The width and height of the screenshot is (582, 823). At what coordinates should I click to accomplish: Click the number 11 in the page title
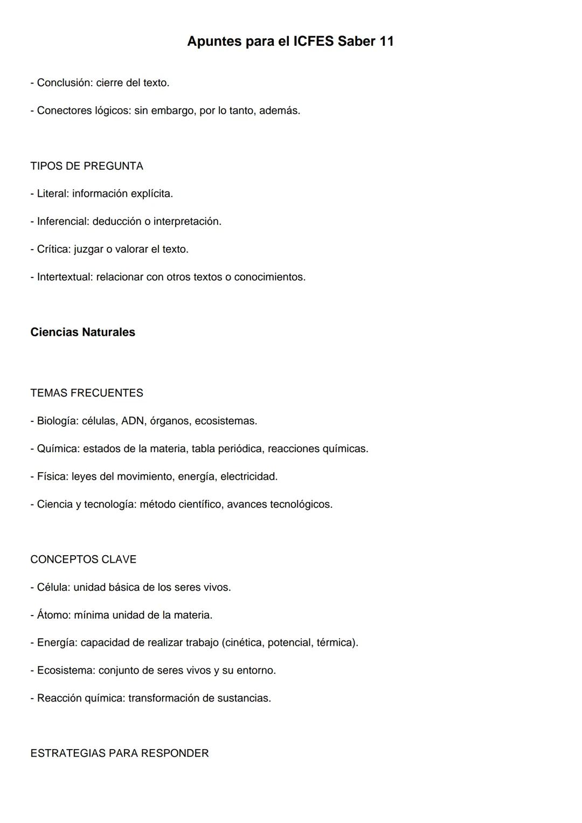(x=386, y=42)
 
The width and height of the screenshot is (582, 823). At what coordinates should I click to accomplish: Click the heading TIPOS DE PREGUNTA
(x=87, y=166)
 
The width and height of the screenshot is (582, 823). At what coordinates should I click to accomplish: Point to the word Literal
(x=52, y=193)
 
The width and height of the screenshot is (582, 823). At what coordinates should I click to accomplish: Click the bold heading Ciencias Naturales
(x=82, y=332)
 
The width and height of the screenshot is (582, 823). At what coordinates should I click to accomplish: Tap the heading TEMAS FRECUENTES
(x=87, y=393)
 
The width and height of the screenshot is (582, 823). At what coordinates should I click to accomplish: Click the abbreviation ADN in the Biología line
(x=133, y=421)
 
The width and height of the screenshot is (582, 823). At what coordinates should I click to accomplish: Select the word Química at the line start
(x=56, y=449)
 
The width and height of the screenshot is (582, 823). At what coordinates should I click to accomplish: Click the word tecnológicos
(x=301, y=504)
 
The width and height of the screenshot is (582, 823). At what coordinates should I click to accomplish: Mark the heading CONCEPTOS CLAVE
(x=84, y=559)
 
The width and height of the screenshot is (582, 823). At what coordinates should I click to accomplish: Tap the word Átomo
(x=53, y=615)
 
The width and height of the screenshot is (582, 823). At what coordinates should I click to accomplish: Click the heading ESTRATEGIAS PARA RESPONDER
(x=120, y=753)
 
